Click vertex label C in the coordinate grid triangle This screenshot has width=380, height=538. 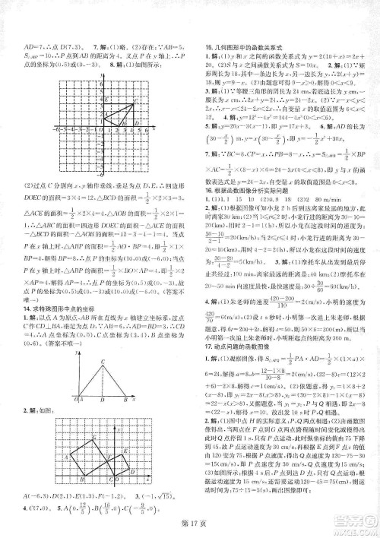pyautogui.click(x=135, y=98)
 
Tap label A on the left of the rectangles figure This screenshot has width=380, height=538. pyautogui.click(x=65, y=456)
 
